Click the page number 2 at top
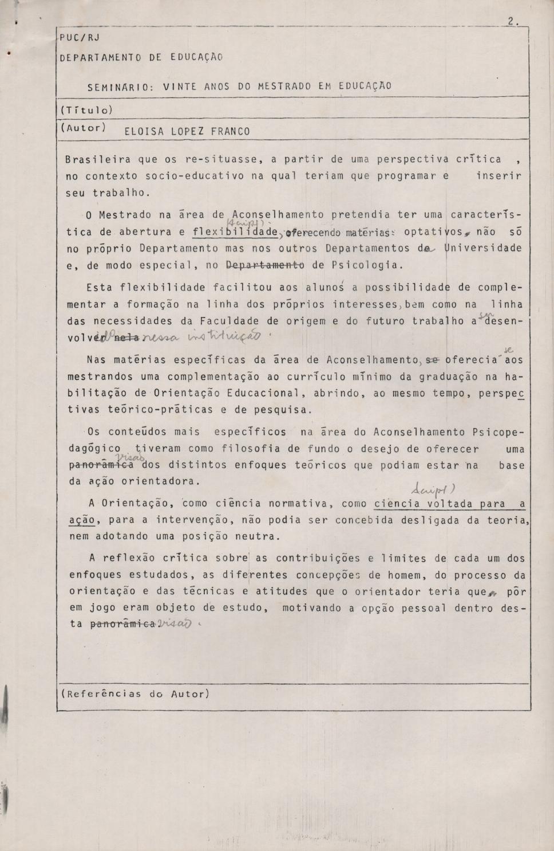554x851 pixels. [x=511, y=22]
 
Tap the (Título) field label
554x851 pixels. [x=86, y=110]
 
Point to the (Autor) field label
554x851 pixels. [x=84, y=128]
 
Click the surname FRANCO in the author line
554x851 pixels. [x=230, y=131]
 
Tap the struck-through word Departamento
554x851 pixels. [x=266, y=265]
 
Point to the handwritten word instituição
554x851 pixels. [x=232, y=336]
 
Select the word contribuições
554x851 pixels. [x=318, y=559]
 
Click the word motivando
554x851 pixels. [x=312, y=608]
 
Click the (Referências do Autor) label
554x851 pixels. [x=135, y=694]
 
